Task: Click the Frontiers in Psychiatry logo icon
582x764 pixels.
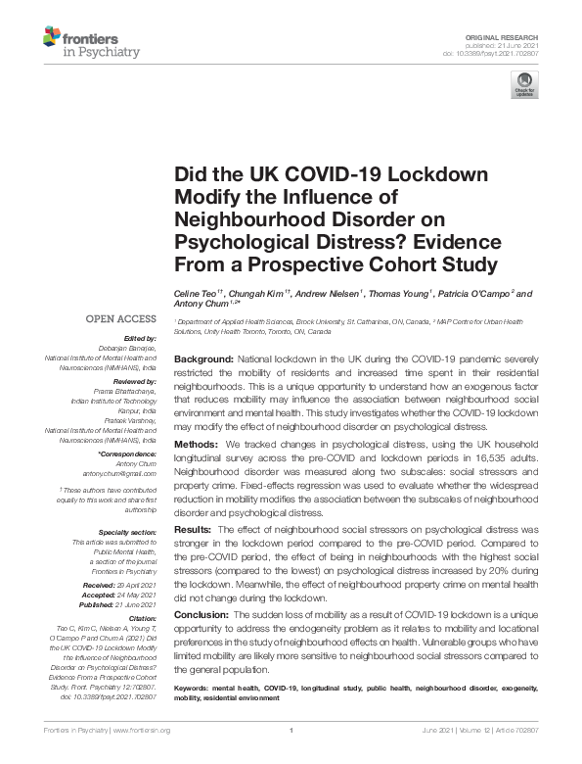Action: [x=54, y=39]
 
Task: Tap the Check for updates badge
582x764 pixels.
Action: [x=524, y=85]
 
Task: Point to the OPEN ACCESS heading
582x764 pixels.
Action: [x=121, y=318]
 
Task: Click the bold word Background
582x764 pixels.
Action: [x=203, y=359]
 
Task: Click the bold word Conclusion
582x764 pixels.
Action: [x=201, y=614]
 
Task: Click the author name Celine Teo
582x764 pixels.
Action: [x=196, y=293]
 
